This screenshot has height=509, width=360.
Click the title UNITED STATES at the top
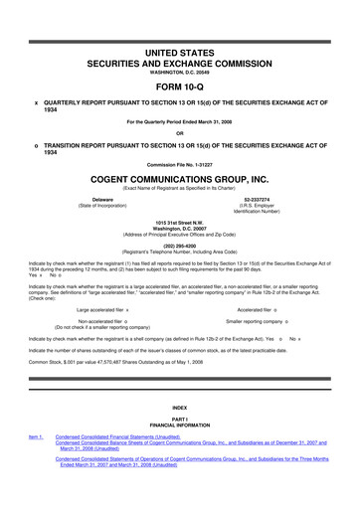[x=179, y=50]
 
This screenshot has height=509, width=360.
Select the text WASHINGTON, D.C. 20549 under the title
[x=179, y=71]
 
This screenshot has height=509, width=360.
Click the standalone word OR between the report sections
[x=179, y=133]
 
